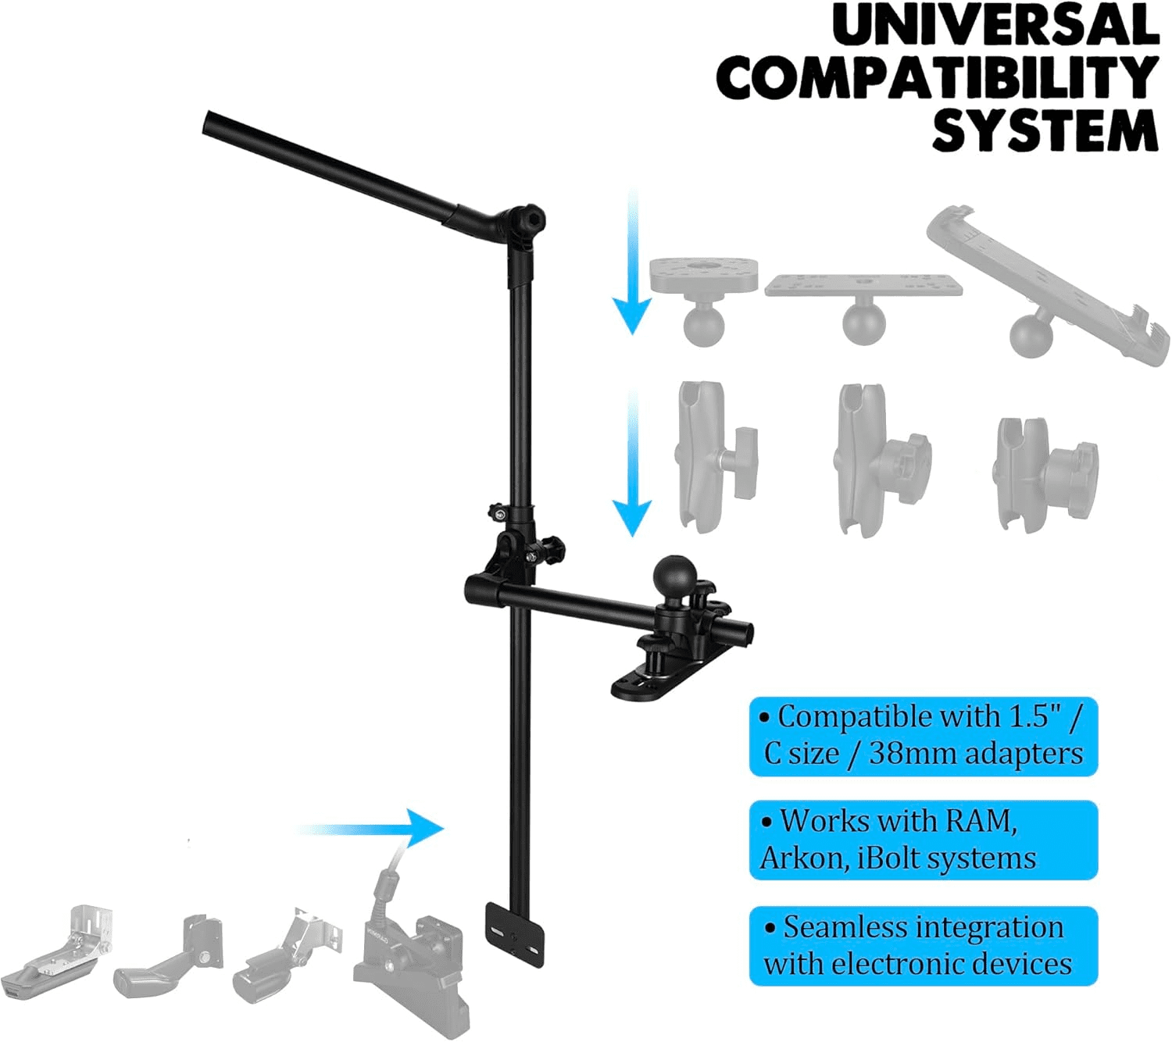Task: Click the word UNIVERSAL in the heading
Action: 995,27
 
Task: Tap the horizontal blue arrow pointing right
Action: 370,829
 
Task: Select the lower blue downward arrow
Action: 632,462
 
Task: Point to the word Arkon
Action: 805,858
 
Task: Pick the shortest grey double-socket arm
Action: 1047,474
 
